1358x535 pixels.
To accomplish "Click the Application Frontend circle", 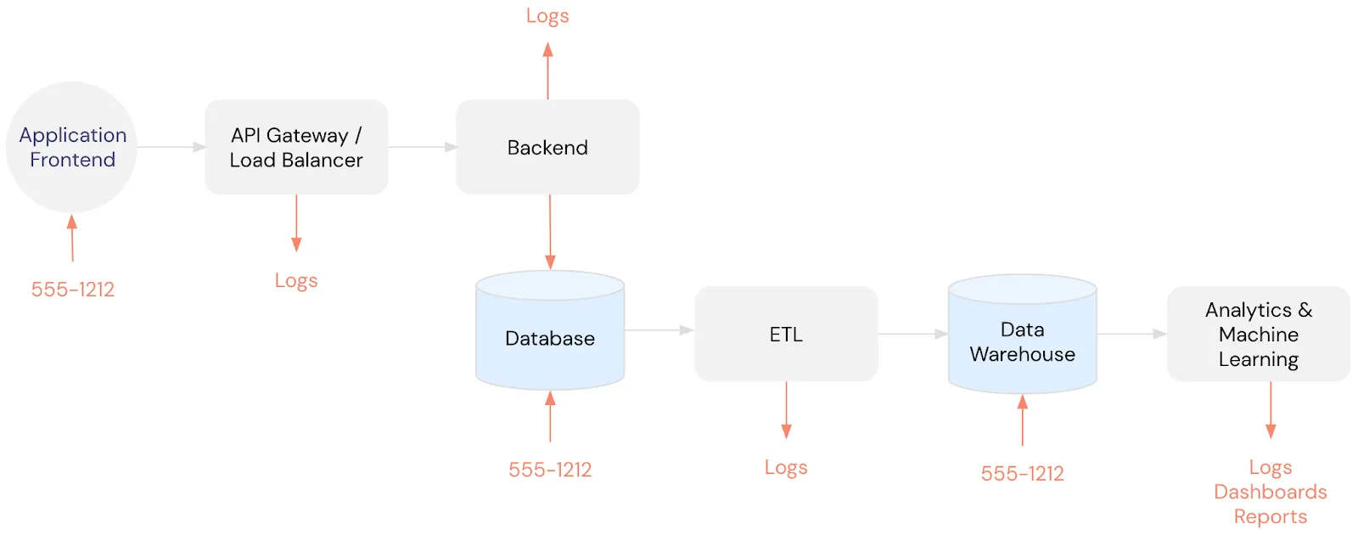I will click(71, 147).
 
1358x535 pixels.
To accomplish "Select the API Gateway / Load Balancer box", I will click(296, 147).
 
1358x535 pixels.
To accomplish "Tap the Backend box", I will click(547, 147).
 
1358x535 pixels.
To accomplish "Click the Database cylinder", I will click(550, 337).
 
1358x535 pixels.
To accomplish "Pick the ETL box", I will click(786, 334).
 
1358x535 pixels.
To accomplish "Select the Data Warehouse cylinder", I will click(1022, 341).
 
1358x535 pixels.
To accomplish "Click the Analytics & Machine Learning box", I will click(1258, 334).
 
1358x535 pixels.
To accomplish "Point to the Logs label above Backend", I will click(547, 16).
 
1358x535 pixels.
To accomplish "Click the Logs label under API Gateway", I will click(296, 280).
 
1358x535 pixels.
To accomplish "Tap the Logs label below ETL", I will click(786, 467).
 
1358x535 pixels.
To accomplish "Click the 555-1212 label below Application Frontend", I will click(73, 290).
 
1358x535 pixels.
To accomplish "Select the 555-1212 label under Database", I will click(550, 470).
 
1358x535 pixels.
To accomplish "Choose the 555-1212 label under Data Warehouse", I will click(1022, 474).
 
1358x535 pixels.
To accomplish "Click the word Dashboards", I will click(1270, 492).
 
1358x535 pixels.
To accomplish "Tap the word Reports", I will click(1270, 516).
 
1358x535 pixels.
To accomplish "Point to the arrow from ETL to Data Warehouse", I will click(912, 334).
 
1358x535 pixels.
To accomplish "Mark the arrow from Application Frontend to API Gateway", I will click(171, 147).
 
